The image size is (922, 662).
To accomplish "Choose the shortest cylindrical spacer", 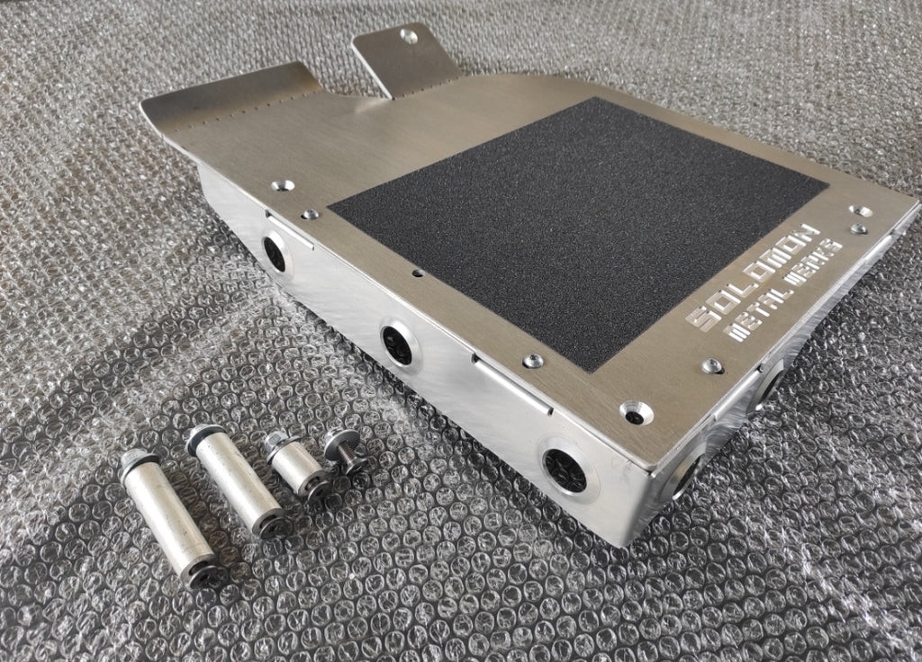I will tap(298, 465).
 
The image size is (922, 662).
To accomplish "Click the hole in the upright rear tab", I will tap(410, 37).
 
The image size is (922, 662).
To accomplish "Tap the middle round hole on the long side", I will tap(397, 342).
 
